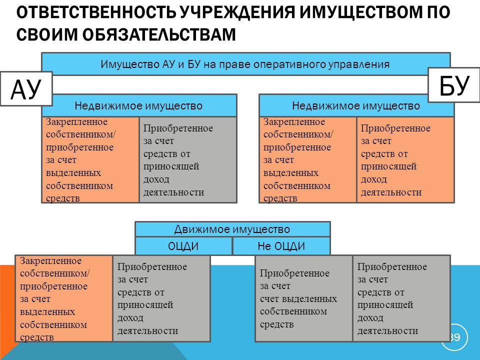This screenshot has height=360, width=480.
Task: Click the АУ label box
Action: coord(26,89)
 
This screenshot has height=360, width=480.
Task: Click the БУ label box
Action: coord(453,85)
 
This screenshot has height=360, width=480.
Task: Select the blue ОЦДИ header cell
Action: coord(183,246)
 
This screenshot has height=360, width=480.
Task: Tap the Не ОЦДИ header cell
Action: coord(281,246)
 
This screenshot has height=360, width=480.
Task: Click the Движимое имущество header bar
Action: coord(232,229)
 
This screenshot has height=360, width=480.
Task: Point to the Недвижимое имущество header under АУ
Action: coord(139,105)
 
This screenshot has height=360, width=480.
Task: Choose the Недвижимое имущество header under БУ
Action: coord(356,105)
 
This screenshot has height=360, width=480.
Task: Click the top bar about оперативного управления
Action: coord(246,64)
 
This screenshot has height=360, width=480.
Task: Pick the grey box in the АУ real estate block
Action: coord(188,159)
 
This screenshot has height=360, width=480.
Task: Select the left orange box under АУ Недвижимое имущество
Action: coord(90,159)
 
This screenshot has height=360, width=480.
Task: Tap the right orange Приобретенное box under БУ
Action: coord(405,159)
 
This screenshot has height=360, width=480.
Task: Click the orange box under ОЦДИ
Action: coord(64,298)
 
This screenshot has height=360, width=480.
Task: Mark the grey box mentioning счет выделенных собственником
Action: coord(303,298)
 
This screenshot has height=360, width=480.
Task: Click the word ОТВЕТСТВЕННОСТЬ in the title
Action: coord(96,12)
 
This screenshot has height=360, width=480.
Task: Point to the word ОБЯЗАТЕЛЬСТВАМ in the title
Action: coord(159,34)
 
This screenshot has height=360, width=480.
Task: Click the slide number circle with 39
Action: coord(454,337)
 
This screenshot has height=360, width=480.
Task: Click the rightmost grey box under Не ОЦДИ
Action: coord(401,298)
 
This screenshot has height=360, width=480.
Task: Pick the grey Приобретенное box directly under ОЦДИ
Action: coord(161,298)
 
